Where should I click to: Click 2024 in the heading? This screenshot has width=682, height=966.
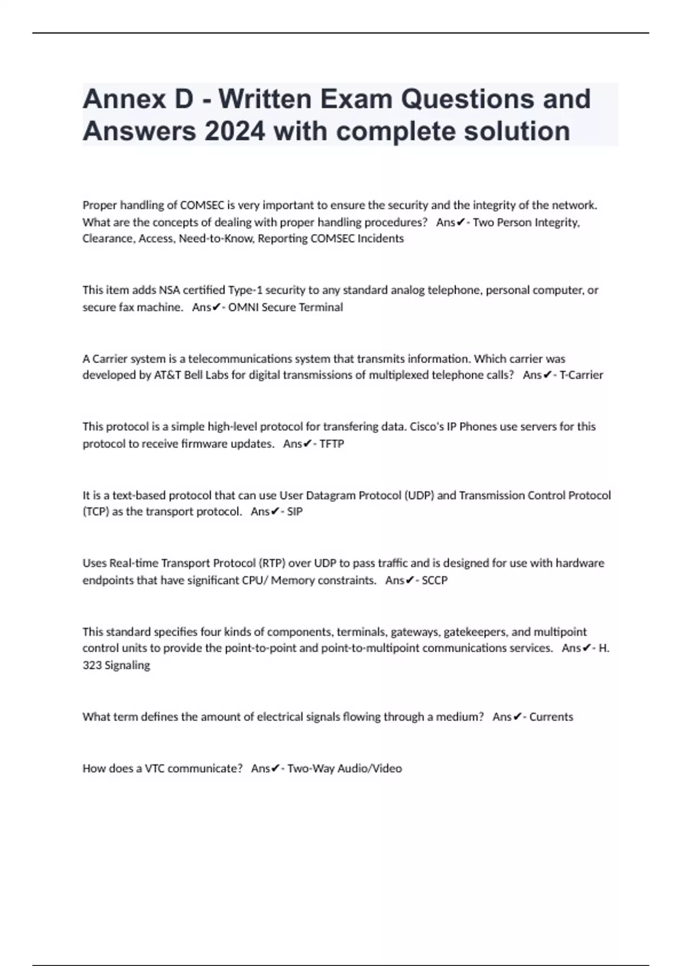tap(234, 131)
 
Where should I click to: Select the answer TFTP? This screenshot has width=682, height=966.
tap(331, 444)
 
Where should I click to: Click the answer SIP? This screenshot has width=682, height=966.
tap(294, 511)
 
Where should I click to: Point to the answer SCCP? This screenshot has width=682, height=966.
tap(435, 580)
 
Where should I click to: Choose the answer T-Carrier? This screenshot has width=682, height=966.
tap(581, 375)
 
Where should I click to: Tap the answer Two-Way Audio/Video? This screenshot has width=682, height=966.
tap(344, 769)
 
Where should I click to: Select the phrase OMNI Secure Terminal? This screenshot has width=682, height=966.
tap(285, 307)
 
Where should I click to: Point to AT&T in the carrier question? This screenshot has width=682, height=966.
tap(168, 375)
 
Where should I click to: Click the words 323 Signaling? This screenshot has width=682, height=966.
tap(116, 665)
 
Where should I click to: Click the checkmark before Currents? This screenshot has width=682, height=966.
tap(517, 717)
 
